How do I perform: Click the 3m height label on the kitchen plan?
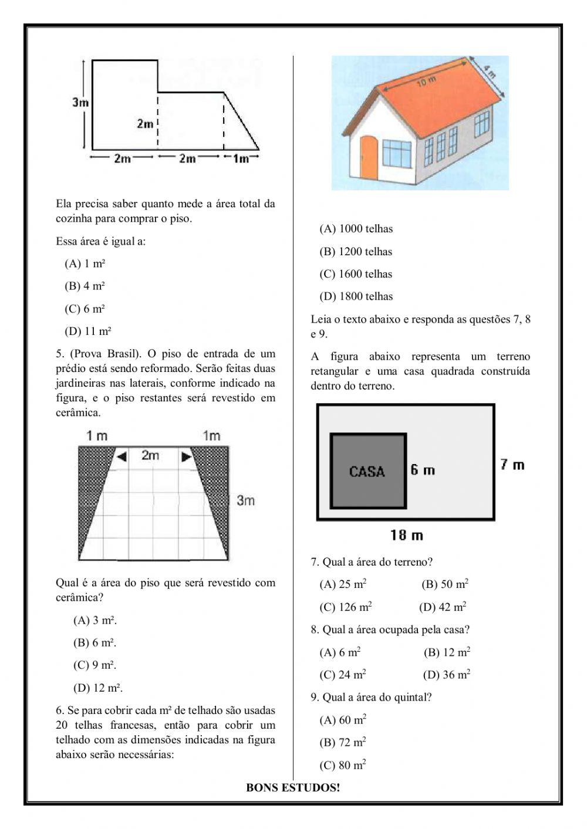pyautogui.click(x=80, y=102)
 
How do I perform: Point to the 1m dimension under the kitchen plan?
pyautogui.click(x=241, y=158)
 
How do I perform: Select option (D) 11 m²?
pyautogui.click(x=88, y=331)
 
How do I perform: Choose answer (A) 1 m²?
pyautogui.click(x=85, y=264)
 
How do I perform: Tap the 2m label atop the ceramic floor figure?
pyautogui.click(x=150, y=455)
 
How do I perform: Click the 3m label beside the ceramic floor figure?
pyautogui.click(x=245, y=500)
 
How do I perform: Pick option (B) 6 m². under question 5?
pyautogui.click(x=95, y=643)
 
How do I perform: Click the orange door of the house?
pyautogui.click(x=369, y=157)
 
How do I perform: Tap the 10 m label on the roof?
pyautogui.click(x=427, y=82)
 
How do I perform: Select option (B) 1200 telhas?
pyautogui.click(x=356, y=252)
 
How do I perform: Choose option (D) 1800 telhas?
pyautogui.click(x=356, y=297)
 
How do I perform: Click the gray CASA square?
pyautogui.click(x=367, y=471)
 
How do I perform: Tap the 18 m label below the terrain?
pyautogui.click(x=406, y=535)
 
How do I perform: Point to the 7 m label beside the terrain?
pyautogui.click(x=512, y=465)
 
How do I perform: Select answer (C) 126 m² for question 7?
pyautogui.click(x=346, y=607)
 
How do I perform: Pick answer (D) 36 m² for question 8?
pyautogui.click(x=446, y=675)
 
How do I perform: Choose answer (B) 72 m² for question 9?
pyautogui.click(x=343, y=743)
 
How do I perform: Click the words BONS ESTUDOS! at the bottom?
pyautogui.click(x=293, y=788)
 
